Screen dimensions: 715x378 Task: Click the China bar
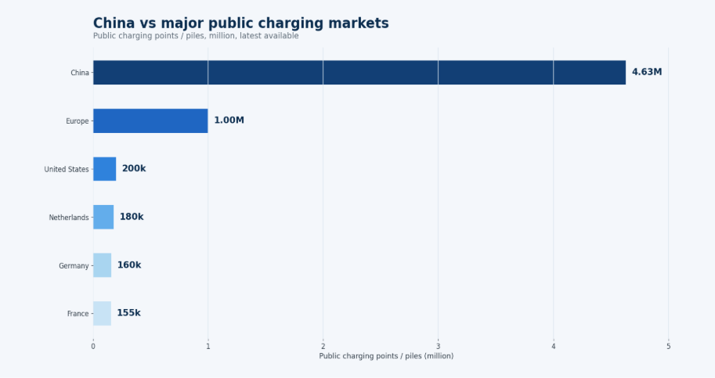(359, 73)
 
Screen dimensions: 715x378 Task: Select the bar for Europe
(150, 121)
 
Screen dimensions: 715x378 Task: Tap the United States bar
(105, 169)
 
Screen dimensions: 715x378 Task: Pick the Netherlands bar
(103, 217)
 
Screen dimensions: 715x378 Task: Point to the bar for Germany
(102, 265)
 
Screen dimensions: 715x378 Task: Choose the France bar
(102, 313)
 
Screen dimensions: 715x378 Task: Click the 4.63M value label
(647, 72)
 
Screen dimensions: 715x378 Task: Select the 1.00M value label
(229, 121)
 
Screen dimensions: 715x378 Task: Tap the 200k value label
(134, 168)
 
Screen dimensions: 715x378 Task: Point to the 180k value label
(132, 217)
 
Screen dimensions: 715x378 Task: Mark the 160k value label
(129, 265)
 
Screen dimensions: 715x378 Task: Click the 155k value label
(129, 313)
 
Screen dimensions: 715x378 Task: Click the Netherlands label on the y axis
(69, 218)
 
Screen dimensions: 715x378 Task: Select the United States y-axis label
(67, 169)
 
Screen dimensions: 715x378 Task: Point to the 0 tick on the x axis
(93, 347)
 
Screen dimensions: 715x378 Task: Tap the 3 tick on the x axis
(439, 347)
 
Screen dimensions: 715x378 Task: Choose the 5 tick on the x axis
(669, 347)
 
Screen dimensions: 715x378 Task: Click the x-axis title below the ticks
(386, 356)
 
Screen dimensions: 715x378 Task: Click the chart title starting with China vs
(240, 23)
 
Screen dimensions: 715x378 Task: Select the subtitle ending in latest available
(196, 36)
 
